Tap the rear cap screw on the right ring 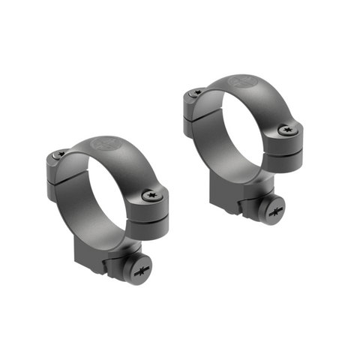tap(196, 92)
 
